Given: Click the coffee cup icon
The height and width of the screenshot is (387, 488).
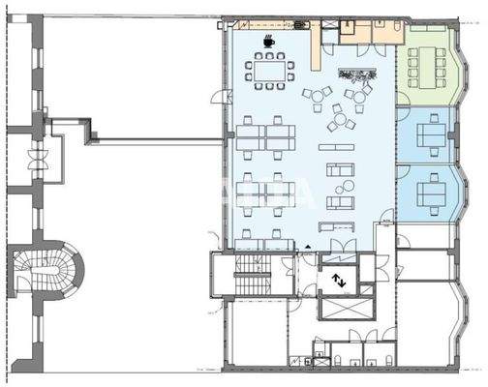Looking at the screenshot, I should click(x=268, y=41).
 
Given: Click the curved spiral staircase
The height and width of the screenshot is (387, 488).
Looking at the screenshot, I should click(x=45, y=274).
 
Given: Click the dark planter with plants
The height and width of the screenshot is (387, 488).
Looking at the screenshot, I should click(x=355, y=73).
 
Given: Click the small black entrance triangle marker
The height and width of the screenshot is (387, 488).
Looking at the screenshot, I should click(x=308, y=247).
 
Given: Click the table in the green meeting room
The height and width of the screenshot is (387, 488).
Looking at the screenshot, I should click(x=423, y=65).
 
